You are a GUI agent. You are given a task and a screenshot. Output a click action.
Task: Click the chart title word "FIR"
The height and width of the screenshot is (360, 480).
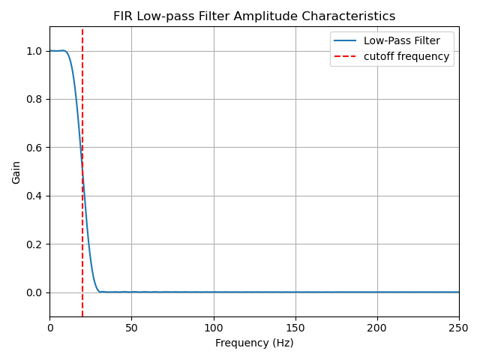pyautogui.click(x=123, y=16)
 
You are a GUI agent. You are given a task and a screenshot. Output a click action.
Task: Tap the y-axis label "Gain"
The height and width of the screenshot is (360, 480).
pyautogui.click(x=16, y=172)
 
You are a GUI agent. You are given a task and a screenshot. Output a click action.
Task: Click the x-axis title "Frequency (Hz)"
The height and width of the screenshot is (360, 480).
pyautogui.click(x=254, y=343)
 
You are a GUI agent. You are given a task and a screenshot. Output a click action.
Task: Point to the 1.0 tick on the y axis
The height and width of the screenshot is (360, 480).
pyautogui.click(x=34, y=51)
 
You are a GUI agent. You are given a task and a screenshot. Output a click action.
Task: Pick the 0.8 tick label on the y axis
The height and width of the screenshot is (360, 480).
pyautogui.click(x=34, y=99)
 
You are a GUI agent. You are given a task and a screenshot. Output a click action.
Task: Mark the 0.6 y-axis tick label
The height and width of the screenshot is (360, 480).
pyautogui.click(x=34, y=148)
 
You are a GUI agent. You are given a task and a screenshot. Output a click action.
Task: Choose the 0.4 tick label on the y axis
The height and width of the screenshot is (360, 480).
pyautogui.click(x=34, y=196)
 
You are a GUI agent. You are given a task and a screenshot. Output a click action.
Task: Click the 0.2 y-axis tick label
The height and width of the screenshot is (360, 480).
pyautogui.click(x=34, y=244)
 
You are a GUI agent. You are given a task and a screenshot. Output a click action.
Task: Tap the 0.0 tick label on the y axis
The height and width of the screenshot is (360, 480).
pyautogui.click(x=34, y=292)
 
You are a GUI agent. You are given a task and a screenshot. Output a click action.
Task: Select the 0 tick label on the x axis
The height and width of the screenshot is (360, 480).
pyautogui.click(x=50, y=328)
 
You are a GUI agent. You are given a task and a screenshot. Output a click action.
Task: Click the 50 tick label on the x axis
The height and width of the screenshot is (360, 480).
pyautogui.click(x=131, y=328)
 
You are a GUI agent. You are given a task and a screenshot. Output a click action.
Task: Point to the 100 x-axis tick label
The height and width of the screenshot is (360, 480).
pyautogui.click(x=214, y=328)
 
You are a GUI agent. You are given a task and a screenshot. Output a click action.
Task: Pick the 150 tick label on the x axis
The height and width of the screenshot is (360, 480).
pyautogui.click(x=295, y=328)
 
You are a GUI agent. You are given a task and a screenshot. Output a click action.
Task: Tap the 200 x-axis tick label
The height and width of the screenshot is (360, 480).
pyautogui.click(x=377, y=328)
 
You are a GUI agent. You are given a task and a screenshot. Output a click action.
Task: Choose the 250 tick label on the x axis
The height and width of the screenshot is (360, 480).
pyautogui.click(x=459, y=328)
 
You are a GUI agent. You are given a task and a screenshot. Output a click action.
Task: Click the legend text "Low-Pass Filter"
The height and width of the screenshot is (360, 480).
pyautogui.click(x=401, y=41)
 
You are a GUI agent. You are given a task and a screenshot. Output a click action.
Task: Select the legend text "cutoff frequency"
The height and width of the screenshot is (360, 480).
pyautogui.click(x=412, y=56)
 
